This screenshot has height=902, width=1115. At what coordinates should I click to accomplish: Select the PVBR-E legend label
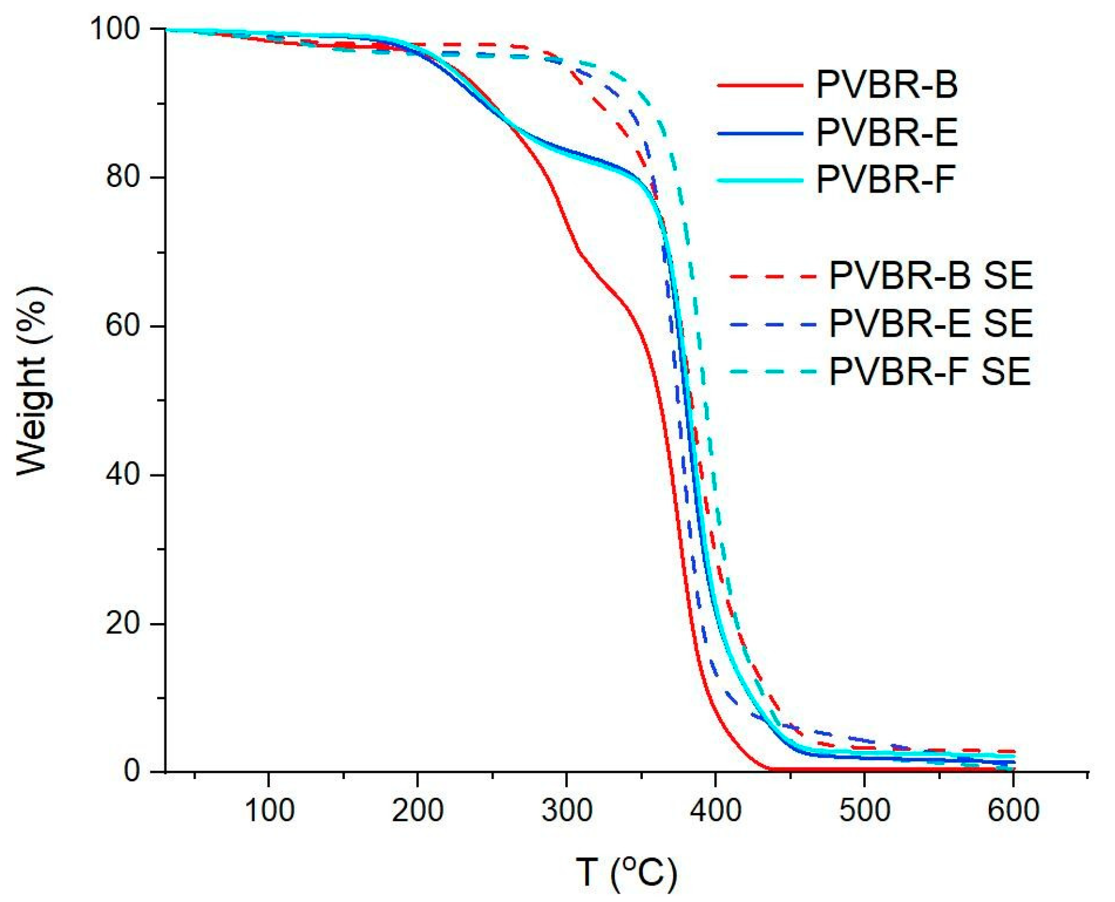coord(887,132)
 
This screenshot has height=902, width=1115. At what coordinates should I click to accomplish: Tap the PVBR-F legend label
coord(885,179)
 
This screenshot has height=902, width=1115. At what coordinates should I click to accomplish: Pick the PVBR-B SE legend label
coord(930,275)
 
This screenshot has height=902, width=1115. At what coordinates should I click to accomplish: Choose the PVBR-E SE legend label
coord(930,323)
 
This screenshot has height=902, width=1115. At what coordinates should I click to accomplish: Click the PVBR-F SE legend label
coord(929,371)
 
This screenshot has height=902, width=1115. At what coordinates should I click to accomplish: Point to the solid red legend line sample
coord(760,85)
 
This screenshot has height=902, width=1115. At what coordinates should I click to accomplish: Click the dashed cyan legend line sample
coord(772,372)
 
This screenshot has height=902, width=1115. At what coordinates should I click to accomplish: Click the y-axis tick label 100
coord(115,29)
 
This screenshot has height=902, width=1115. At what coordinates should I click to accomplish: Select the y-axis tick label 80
coord(124,177)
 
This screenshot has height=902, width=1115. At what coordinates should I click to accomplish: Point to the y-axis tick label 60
coord(124,326)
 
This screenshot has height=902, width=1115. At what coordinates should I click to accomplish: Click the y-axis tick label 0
coord(132,772)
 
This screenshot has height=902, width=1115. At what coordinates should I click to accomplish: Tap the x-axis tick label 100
coord(269,811)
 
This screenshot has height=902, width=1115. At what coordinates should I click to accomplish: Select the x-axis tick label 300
coord(567,811)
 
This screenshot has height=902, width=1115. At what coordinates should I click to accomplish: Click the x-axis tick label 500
coord(864,811)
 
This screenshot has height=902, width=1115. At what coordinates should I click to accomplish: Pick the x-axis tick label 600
coord(1013,811)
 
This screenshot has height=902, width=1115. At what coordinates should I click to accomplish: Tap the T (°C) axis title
coord(626,873)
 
